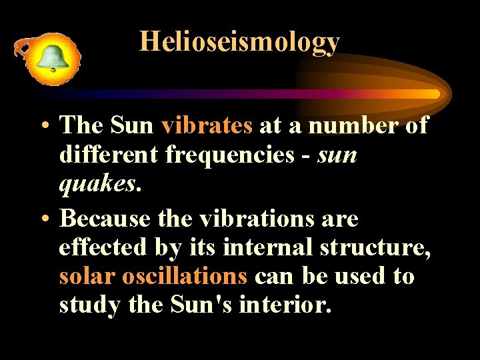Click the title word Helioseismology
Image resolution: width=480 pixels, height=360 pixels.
click(x=239, y=42)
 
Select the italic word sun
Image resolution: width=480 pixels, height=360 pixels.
click(x=337, y=155)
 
